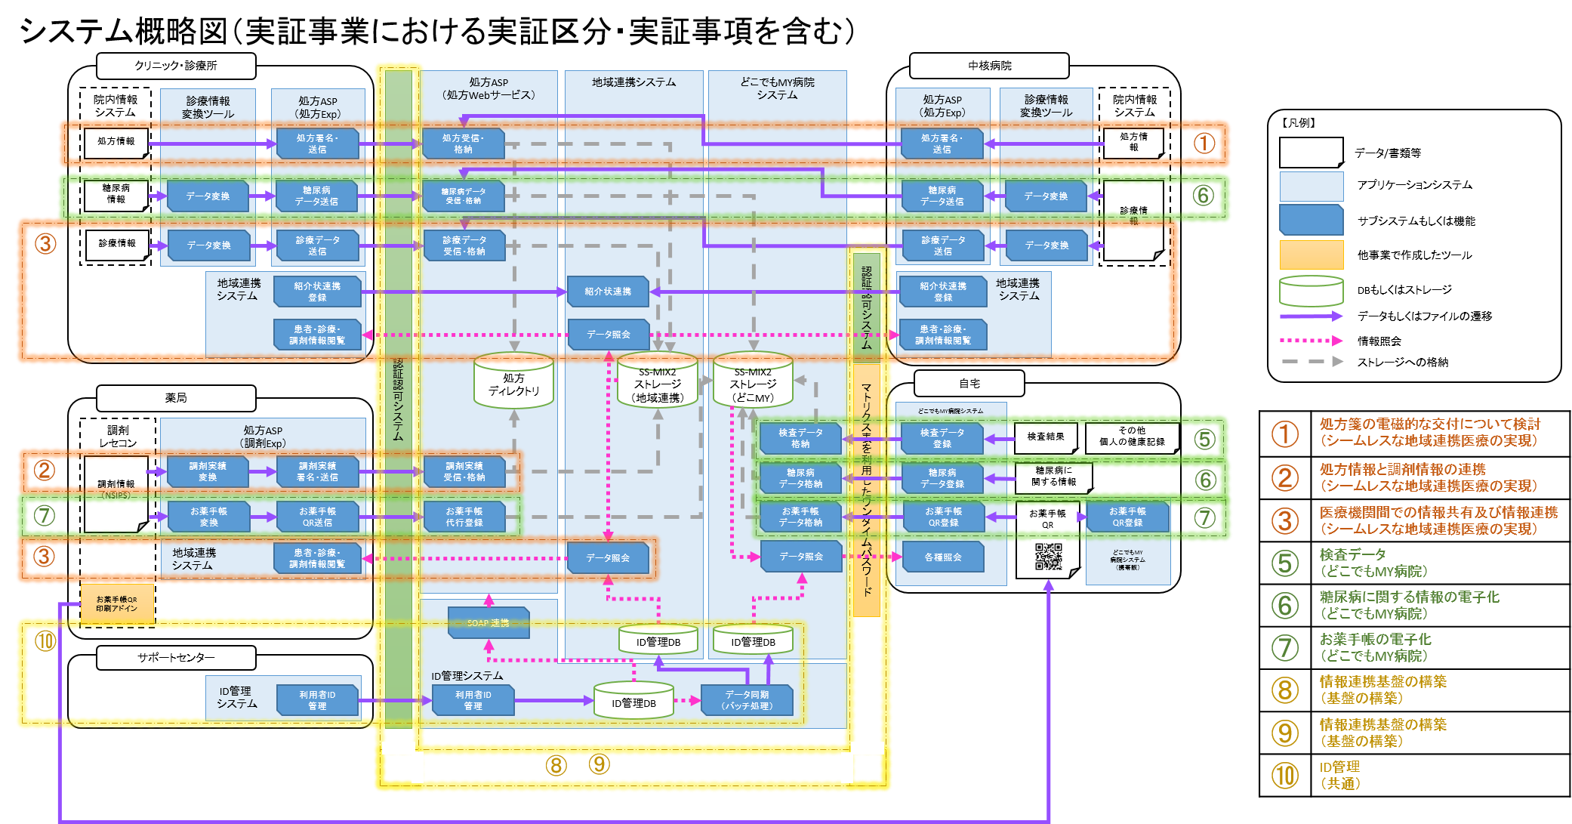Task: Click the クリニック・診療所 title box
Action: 176,66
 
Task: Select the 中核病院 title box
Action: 989,66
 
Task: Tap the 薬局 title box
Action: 176,397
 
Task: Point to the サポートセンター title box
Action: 176,658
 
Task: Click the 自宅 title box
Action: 969,384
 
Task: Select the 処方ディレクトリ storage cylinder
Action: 513,381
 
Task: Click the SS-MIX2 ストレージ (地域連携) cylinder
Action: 658,381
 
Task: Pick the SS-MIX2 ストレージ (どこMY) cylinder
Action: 753,381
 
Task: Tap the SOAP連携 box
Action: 489,623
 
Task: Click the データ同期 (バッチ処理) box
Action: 747,700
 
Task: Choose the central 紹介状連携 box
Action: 608,292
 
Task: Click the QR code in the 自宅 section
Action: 1048,557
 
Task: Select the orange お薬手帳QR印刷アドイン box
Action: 117,604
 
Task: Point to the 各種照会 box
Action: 943,557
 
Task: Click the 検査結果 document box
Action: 1045,437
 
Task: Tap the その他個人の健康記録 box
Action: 1131,437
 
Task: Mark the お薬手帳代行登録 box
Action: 464,517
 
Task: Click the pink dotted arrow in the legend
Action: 1311,341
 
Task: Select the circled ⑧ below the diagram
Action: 556,765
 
